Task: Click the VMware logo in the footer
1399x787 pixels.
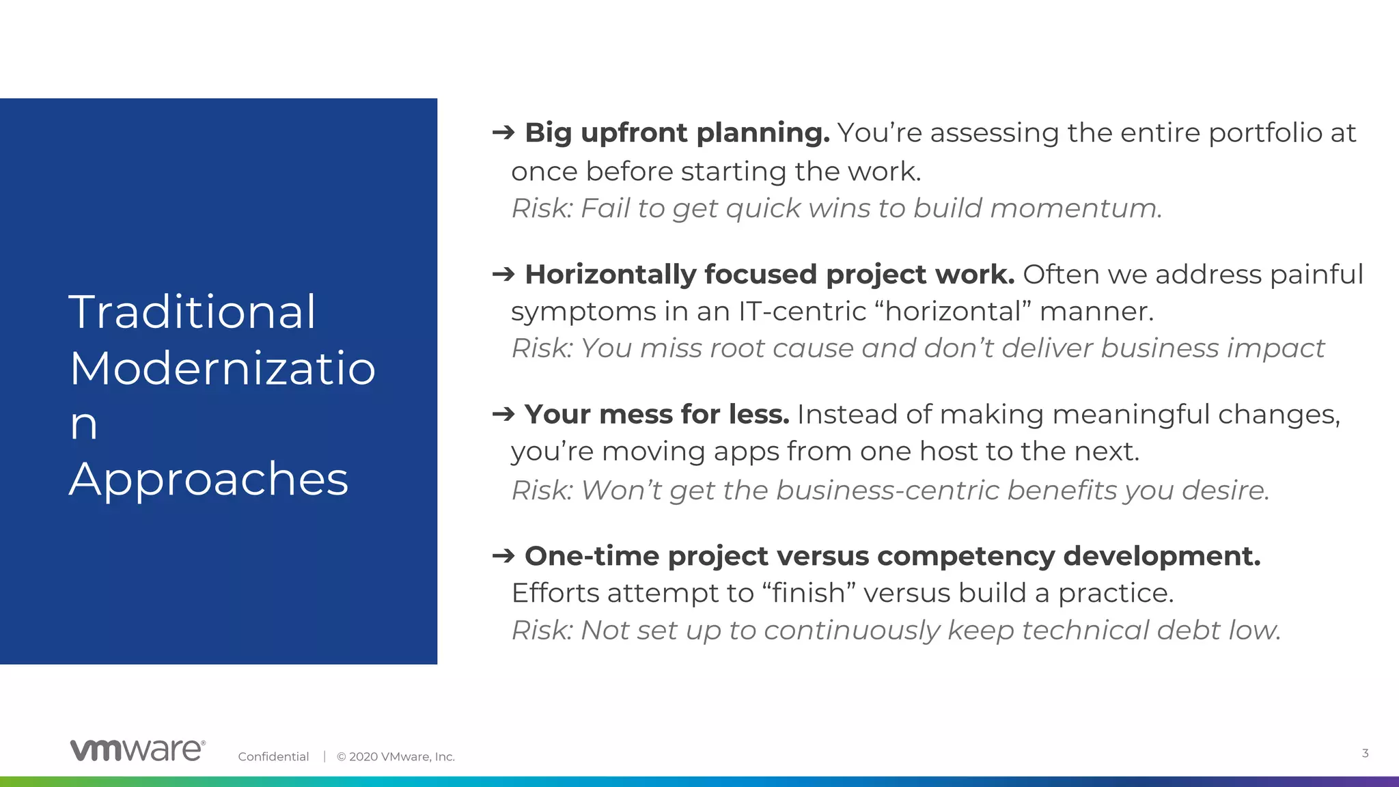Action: point(137,749)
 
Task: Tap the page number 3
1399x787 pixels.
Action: point(1365,753)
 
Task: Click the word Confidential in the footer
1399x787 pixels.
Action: point(273,756)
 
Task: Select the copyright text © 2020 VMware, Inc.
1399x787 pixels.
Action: point(396,756)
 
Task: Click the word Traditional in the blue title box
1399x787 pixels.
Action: point(193,312)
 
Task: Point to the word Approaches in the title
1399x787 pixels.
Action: point(208,479)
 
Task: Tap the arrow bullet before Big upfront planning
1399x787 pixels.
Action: point(503,132)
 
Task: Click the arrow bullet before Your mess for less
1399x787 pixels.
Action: point(503,413)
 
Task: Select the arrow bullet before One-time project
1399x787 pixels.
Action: point(503,555)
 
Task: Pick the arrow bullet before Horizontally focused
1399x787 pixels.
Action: point(503,274)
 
